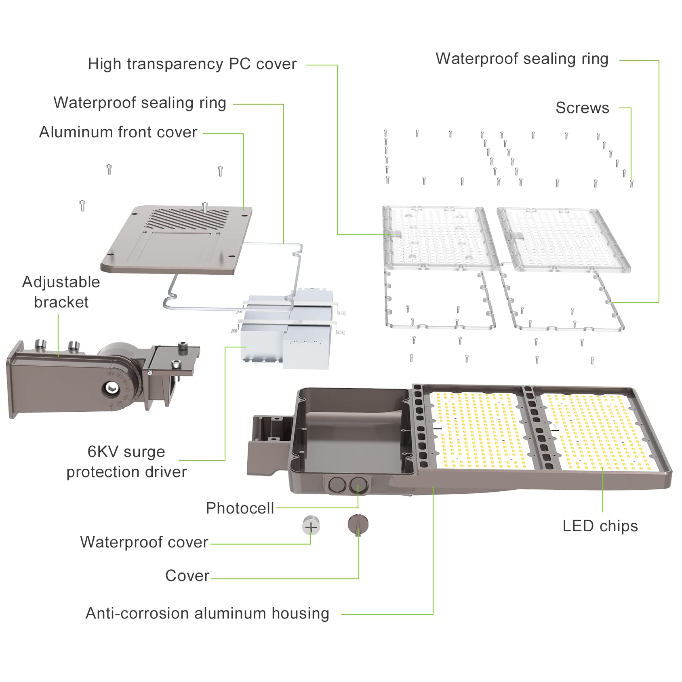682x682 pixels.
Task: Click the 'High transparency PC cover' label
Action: coord(192,64)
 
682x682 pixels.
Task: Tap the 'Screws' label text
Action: coord(582,108)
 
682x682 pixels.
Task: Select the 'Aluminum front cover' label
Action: coord(118,132)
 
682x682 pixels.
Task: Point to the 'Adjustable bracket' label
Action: coord(61,292)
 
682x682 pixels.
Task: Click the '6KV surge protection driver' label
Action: coord(126,461)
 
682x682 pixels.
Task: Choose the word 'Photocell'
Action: coord(240,508)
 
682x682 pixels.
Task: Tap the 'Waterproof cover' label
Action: coord(144,542)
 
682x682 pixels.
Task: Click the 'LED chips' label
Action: coord(600,526)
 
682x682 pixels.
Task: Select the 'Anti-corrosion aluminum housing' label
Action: coord(207,613)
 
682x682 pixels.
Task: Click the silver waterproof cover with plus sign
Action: coord(311,526)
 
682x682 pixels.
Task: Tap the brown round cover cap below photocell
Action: coord(358,524)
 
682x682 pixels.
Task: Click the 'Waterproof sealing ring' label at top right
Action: coord(522,59)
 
